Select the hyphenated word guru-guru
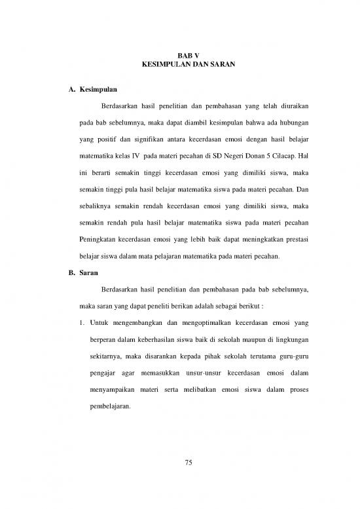point(293,357)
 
